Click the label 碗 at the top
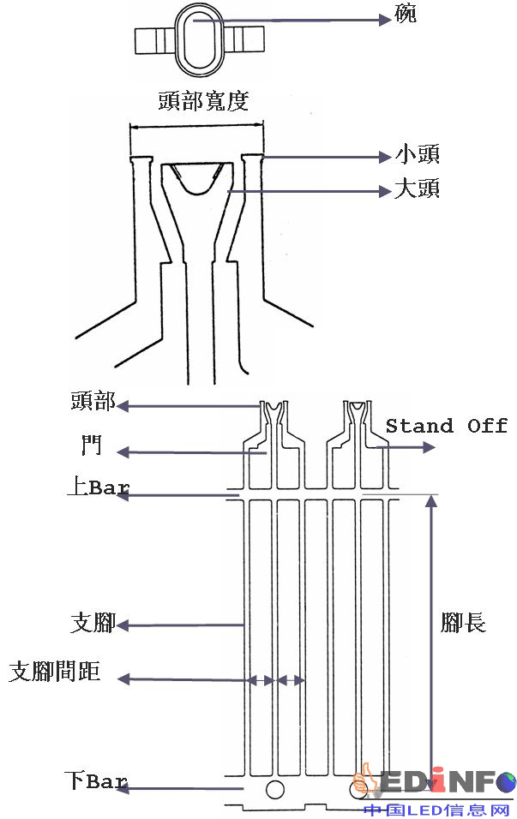[x=406, y=15]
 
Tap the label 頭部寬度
[x=203, y=101]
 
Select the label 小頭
[x=417, y=156]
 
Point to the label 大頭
[x=417, y=188]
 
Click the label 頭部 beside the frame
[x=94, y=404]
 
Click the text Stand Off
[x=446, y=426]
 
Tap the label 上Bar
[x=98, y=488]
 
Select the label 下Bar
[x=96, y=781]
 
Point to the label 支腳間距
[x=55, y=672]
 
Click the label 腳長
[x=463, y=623]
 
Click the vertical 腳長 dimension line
[x=430, y=634]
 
